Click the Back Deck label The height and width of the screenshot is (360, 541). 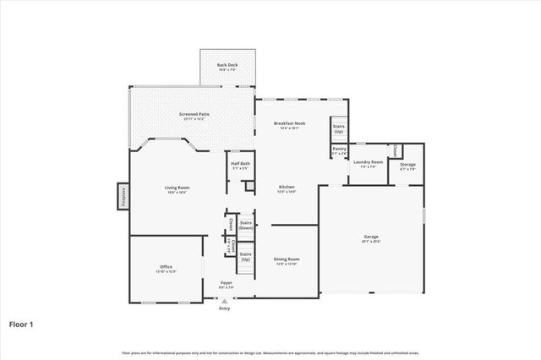click(226, 65)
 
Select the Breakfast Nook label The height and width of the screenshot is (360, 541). click(289, 124)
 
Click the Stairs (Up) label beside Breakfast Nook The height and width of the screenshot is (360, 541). click(338, 129)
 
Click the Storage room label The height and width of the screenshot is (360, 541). click(407, 166)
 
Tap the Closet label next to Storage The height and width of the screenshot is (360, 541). click(396, 150)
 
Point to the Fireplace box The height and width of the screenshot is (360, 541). click(123, 196)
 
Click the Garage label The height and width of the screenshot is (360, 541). click(371, 239)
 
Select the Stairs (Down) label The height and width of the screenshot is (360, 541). click(246, 225)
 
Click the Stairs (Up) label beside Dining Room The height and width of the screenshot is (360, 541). click(246, 255)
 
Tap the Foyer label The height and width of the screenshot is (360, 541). click(227, 284)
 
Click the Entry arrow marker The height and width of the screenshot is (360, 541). click(225, 300)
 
